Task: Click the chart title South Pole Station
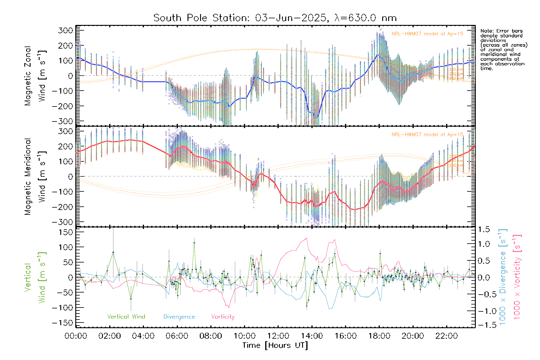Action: click(x=275, y=18)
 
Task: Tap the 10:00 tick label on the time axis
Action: click(x=244, y=336)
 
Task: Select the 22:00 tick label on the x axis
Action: click(x=447, y=336)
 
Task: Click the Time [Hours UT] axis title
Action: click(x=275, y=345)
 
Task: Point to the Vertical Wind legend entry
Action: click(x=126, y=317)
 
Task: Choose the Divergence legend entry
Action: click(x=179, y=317)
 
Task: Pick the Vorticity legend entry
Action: click(x=223, y=317)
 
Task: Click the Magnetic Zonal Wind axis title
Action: click(x=35, y=76)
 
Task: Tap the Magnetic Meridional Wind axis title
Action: click(x=35, y=176)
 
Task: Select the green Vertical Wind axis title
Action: click(x=35, y=277)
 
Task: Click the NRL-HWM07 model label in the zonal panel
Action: click(x=427, y=34)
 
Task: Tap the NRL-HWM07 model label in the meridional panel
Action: click(x=427, y=135)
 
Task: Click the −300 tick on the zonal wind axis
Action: click(x=62, y=121)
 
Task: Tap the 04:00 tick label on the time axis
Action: click(x=143, y=336)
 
